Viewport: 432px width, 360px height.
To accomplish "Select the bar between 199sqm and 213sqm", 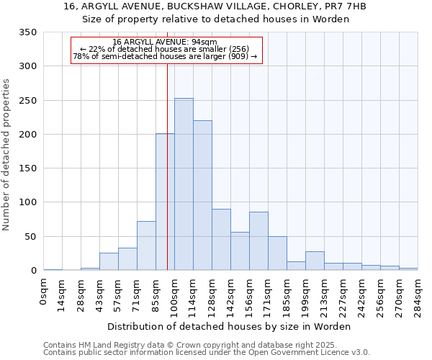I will coord(315,261).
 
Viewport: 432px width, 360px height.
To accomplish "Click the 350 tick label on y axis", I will coord(28,32).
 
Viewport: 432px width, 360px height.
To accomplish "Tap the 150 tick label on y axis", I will coord(28,168).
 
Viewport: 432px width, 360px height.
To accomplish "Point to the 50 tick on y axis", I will coord(31,237).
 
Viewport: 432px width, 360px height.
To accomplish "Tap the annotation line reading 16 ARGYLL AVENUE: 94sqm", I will coord(165,42).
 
